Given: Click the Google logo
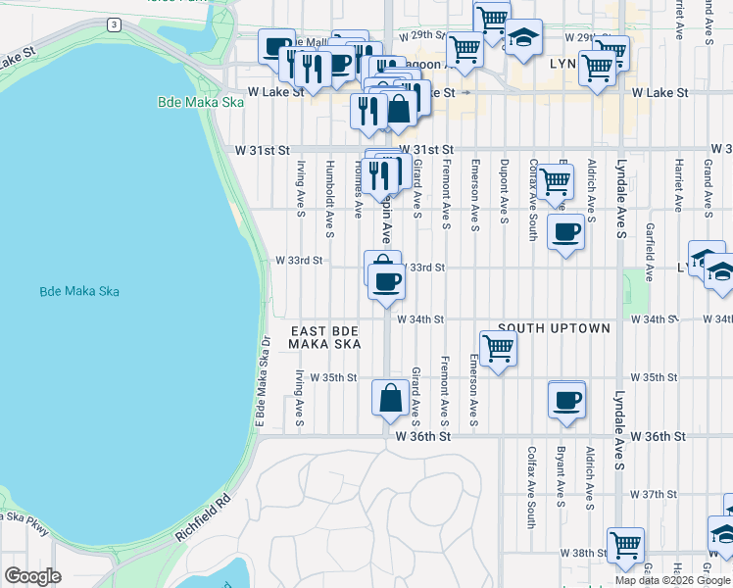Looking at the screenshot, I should [32, 576].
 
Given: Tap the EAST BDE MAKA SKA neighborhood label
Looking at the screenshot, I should [325, 337].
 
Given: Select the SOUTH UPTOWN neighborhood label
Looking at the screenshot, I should [554, 328].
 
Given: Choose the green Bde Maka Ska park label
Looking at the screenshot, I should [193, 102].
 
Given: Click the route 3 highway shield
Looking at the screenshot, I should [115, 24].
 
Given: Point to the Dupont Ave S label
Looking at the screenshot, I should [504, 191].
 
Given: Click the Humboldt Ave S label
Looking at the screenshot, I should [330, 192].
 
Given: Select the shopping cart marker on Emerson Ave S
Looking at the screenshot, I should [499, 346].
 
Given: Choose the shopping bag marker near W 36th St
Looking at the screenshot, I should [390, 398].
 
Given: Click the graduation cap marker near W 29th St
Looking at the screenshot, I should [523, 37].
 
